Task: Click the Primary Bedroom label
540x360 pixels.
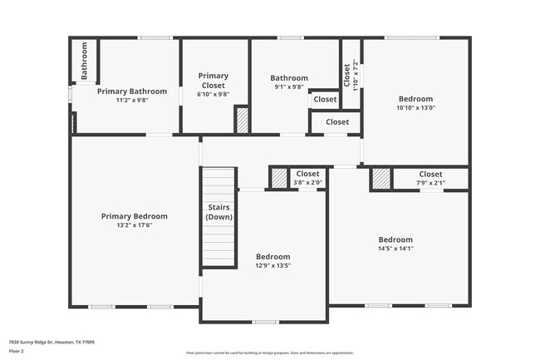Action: (x=134, y=216)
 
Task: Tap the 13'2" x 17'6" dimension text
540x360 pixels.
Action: (x=134, y=224)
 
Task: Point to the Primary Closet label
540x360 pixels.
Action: (x=214, y=80)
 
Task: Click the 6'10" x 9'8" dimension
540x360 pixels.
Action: (x=214, y=94)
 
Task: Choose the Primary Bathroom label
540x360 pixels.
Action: (x=132, y=91)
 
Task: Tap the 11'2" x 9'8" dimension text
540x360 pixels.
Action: (x=132, y=100)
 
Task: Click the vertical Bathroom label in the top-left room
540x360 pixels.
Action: (x=84, y=62)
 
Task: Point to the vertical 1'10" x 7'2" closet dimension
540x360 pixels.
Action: (x=356, y=75)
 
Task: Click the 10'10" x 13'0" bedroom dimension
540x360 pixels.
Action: (x=415, y=106)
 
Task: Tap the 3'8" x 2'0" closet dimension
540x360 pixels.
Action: (x=307, y=182)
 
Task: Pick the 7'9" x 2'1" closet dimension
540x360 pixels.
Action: (x=430, y=183)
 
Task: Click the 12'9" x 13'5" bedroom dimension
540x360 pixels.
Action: (x=272, y=266)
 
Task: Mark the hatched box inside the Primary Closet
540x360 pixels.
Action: (x=242, y=120)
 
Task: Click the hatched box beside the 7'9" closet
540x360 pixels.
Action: (x=380, y=179)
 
